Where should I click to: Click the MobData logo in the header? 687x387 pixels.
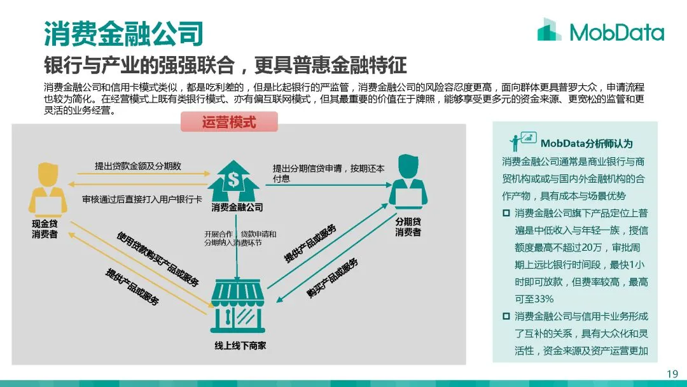coord(600,31)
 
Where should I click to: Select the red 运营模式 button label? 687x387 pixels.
coord(229,122)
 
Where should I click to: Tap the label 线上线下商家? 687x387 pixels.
coord(240,346)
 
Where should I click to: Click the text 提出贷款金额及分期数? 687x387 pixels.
coord(138,165)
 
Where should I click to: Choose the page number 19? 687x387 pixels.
coord(672,374)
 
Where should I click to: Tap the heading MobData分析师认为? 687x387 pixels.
coord(586,143)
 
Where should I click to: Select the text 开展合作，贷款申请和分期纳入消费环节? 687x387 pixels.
coord(240,238)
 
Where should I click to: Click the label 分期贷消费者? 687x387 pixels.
coord(408,227)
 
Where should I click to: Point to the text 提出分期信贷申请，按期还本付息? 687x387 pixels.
coord(329,173)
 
